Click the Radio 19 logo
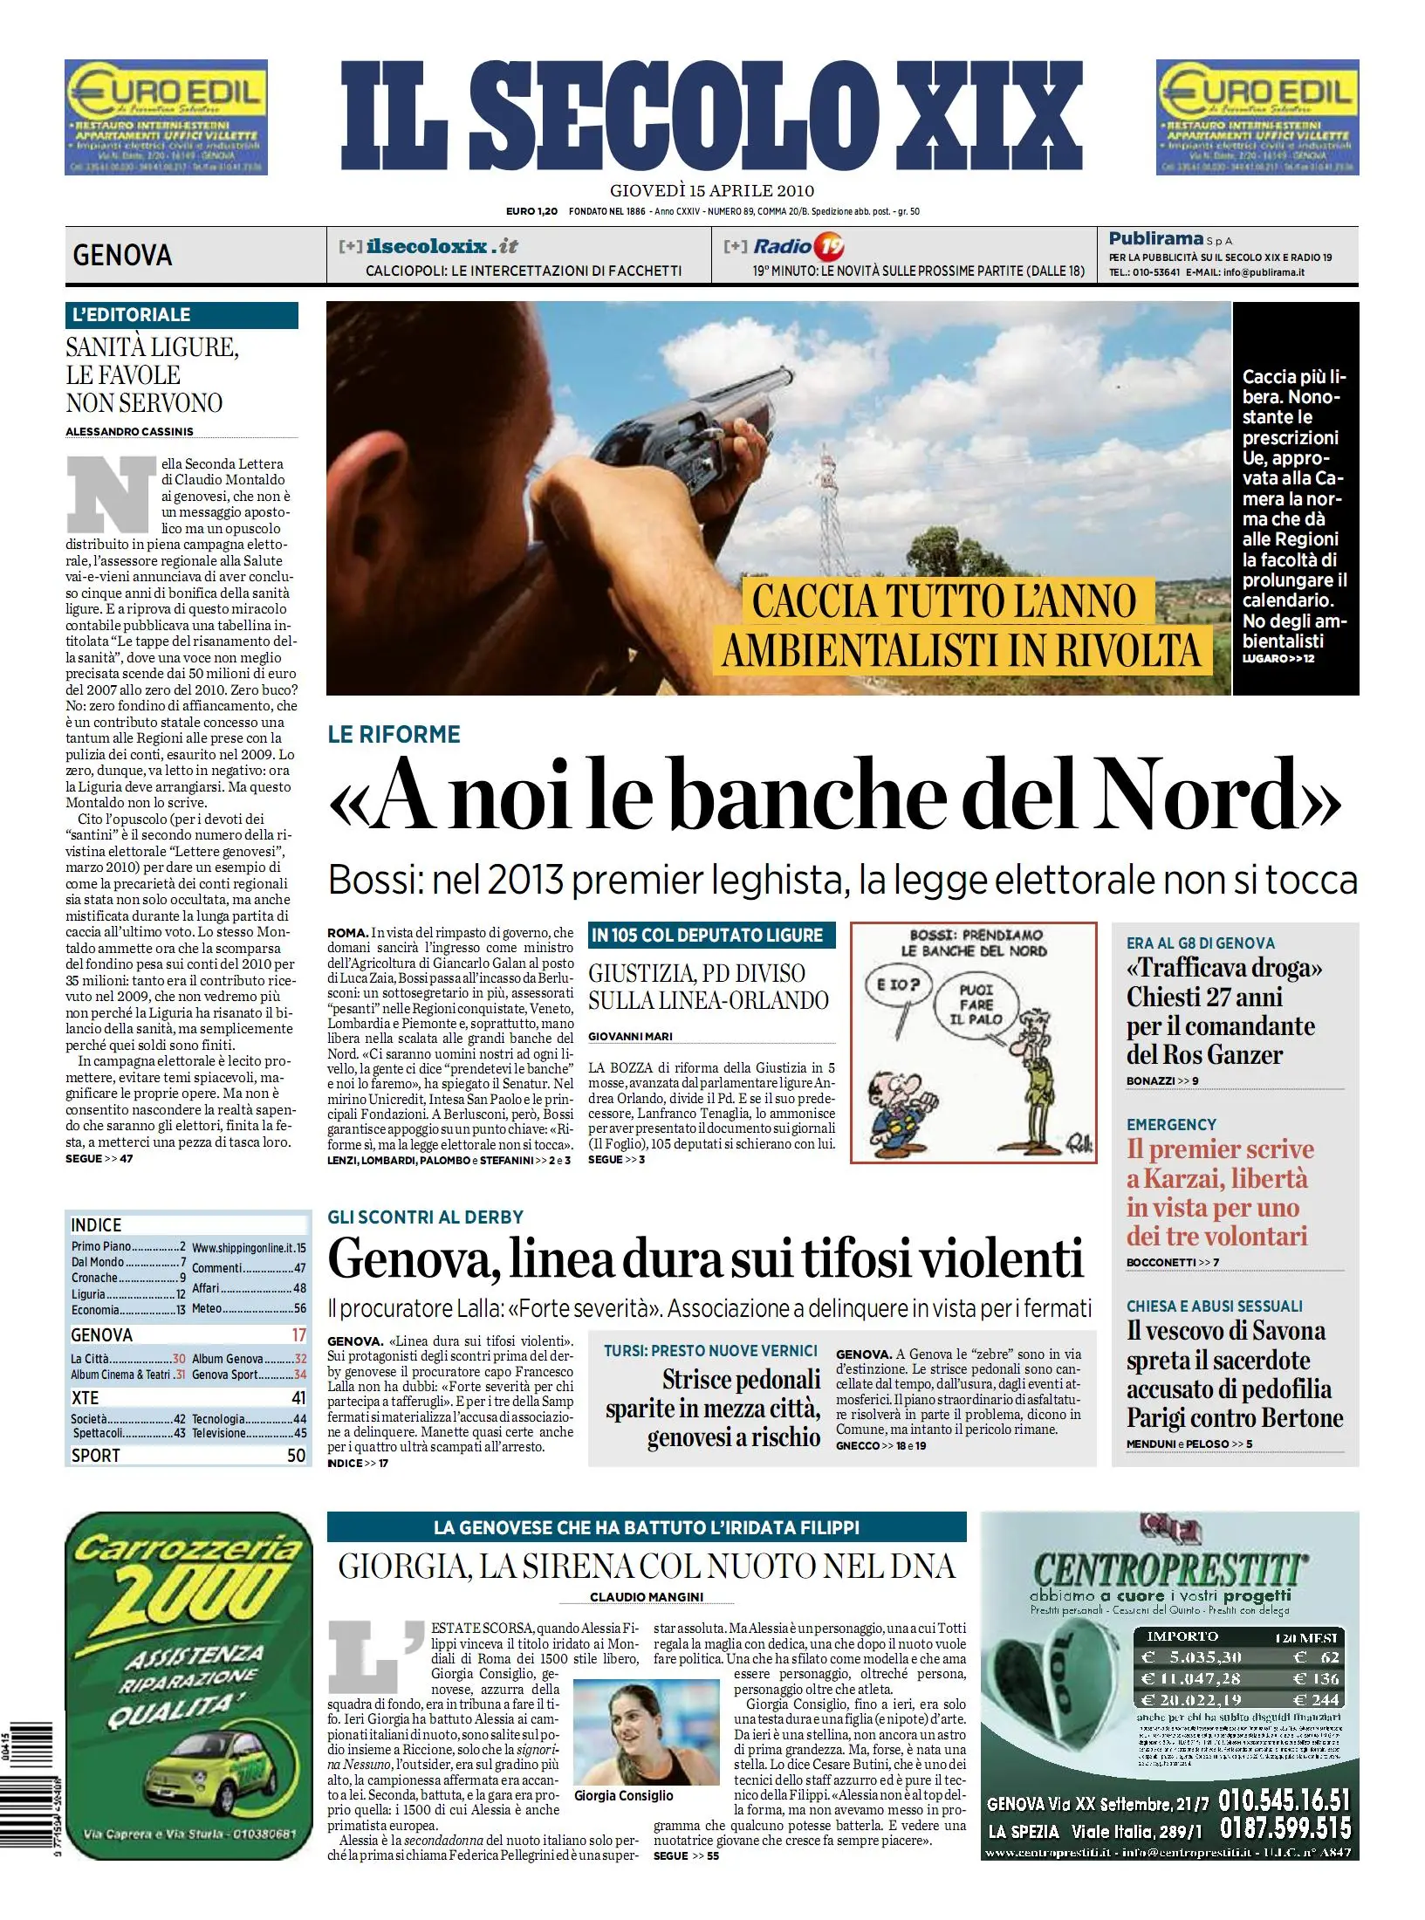coord(798,246)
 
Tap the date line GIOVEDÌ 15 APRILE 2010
coord(711,191)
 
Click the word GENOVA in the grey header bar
coord(122,256)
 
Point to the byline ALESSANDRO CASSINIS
coord(129,431)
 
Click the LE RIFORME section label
coord(394,735)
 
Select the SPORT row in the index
coord(188,1455)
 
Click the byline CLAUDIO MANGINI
coord(647,1596)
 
